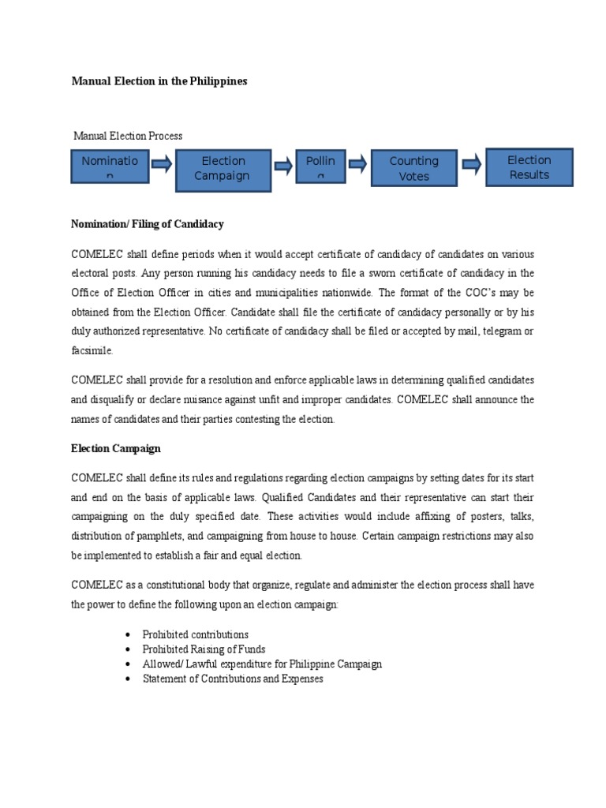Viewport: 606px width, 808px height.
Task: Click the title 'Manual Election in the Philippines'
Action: pos(159,81)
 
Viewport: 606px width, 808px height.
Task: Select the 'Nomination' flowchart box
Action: pos(109,168)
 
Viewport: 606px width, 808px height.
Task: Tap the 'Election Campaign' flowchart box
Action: pos(222,168)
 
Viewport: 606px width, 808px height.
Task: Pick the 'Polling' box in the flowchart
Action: pos(320,168)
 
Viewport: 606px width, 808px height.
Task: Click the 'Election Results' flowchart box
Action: pos(529,167)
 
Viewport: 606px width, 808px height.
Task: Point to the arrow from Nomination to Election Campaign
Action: pos(162,164)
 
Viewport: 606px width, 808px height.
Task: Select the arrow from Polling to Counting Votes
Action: pos(357,164)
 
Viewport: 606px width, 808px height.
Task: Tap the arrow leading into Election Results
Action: pos(471,164)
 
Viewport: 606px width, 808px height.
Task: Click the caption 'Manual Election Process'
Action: pos(128,136)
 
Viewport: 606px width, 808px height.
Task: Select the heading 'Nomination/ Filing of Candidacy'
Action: pos(148,224)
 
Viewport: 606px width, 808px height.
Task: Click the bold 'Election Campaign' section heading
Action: pos(116,448)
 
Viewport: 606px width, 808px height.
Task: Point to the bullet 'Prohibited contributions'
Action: pos(195,634)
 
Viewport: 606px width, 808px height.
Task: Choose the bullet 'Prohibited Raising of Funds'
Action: pos(201,649)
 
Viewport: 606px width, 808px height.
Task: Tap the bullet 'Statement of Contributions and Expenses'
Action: pos(233,679)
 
